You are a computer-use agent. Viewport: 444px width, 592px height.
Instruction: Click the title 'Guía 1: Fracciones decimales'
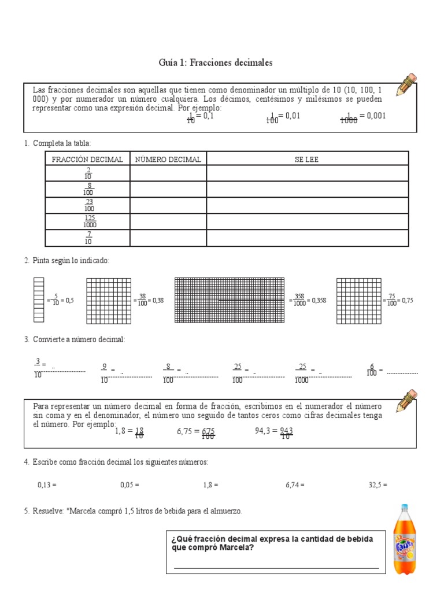[x=215, y=62]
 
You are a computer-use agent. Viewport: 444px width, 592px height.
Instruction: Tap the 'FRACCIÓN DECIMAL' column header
[x=87, y=159]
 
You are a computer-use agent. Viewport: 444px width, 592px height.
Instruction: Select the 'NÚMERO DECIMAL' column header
[x=168, y=159]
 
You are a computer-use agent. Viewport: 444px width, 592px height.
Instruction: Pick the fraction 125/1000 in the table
[x=89, y=221]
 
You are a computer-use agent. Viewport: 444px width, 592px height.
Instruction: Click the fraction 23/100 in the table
[x=89, y=205]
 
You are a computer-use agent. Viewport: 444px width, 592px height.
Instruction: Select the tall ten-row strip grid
[x=38, y=299]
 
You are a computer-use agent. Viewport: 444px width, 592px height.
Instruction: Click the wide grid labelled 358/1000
[x=230, y=300]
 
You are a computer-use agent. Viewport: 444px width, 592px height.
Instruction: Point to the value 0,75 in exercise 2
[x=408, y=301]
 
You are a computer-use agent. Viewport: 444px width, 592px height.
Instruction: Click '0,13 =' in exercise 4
[x=47, y=485]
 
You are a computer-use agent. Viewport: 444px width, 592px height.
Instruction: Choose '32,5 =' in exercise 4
[x=378, y=485]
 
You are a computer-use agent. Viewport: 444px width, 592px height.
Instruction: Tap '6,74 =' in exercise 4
[x=295, y=485]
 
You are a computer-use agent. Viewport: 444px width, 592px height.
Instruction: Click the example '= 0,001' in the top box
[x=372, y=116]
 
